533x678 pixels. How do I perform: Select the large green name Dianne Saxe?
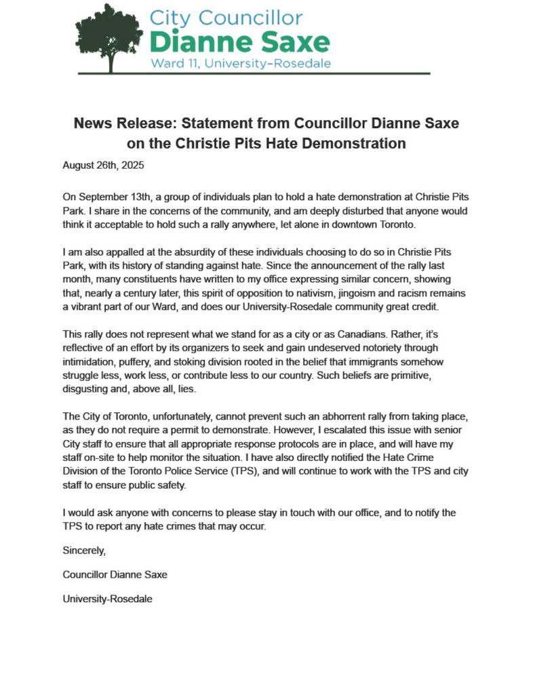(239, 41)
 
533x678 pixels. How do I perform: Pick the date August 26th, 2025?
(103, 165)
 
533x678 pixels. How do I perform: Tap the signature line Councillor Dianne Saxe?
(115, 574)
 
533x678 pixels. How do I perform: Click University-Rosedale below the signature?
(107, 599)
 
